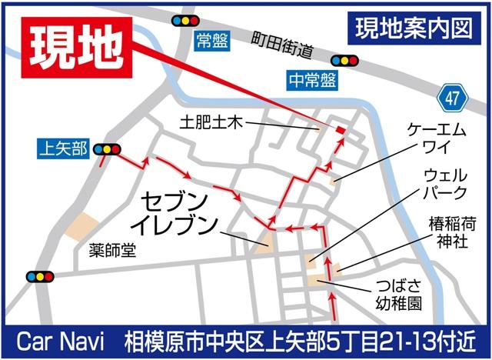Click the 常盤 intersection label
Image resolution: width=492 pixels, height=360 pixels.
coord(212,41)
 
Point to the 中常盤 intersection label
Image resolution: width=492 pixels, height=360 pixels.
coord(311,79)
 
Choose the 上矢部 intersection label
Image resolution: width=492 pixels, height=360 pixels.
coord(63,148)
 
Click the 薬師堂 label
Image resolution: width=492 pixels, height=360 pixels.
coord(111,250)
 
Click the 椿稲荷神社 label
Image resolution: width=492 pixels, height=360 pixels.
coord(452,232)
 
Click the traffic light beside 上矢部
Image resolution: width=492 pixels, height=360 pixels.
coord(108,149)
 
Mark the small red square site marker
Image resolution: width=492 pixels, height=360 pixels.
coord(340,132)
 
